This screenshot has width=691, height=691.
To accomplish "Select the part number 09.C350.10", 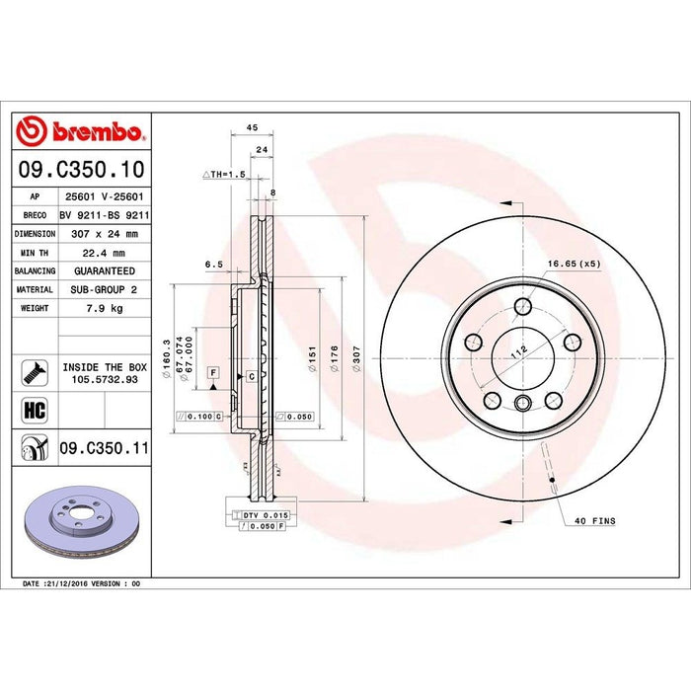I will click(x=81, y=170).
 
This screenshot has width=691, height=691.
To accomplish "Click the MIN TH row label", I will click(x=34, y=252).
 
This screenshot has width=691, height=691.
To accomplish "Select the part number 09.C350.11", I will click(x=104, y=447).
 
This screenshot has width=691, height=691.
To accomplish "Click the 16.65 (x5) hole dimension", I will click(x=575, y=264).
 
